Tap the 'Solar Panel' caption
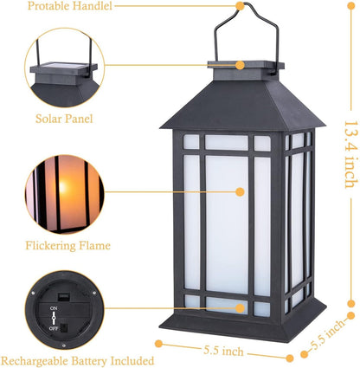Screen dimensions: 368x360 [64, 118]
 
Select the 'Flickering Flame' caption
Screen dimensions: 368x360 [68, 245]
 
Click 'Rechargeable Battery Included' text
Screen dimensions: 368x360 [78, 360]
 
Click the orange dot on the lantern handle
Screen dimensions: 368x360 [240, 6]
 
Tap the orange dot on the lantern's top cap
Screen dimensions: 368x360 [240, 64]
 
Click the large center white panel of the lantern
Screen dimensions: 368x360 [227, 222]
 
